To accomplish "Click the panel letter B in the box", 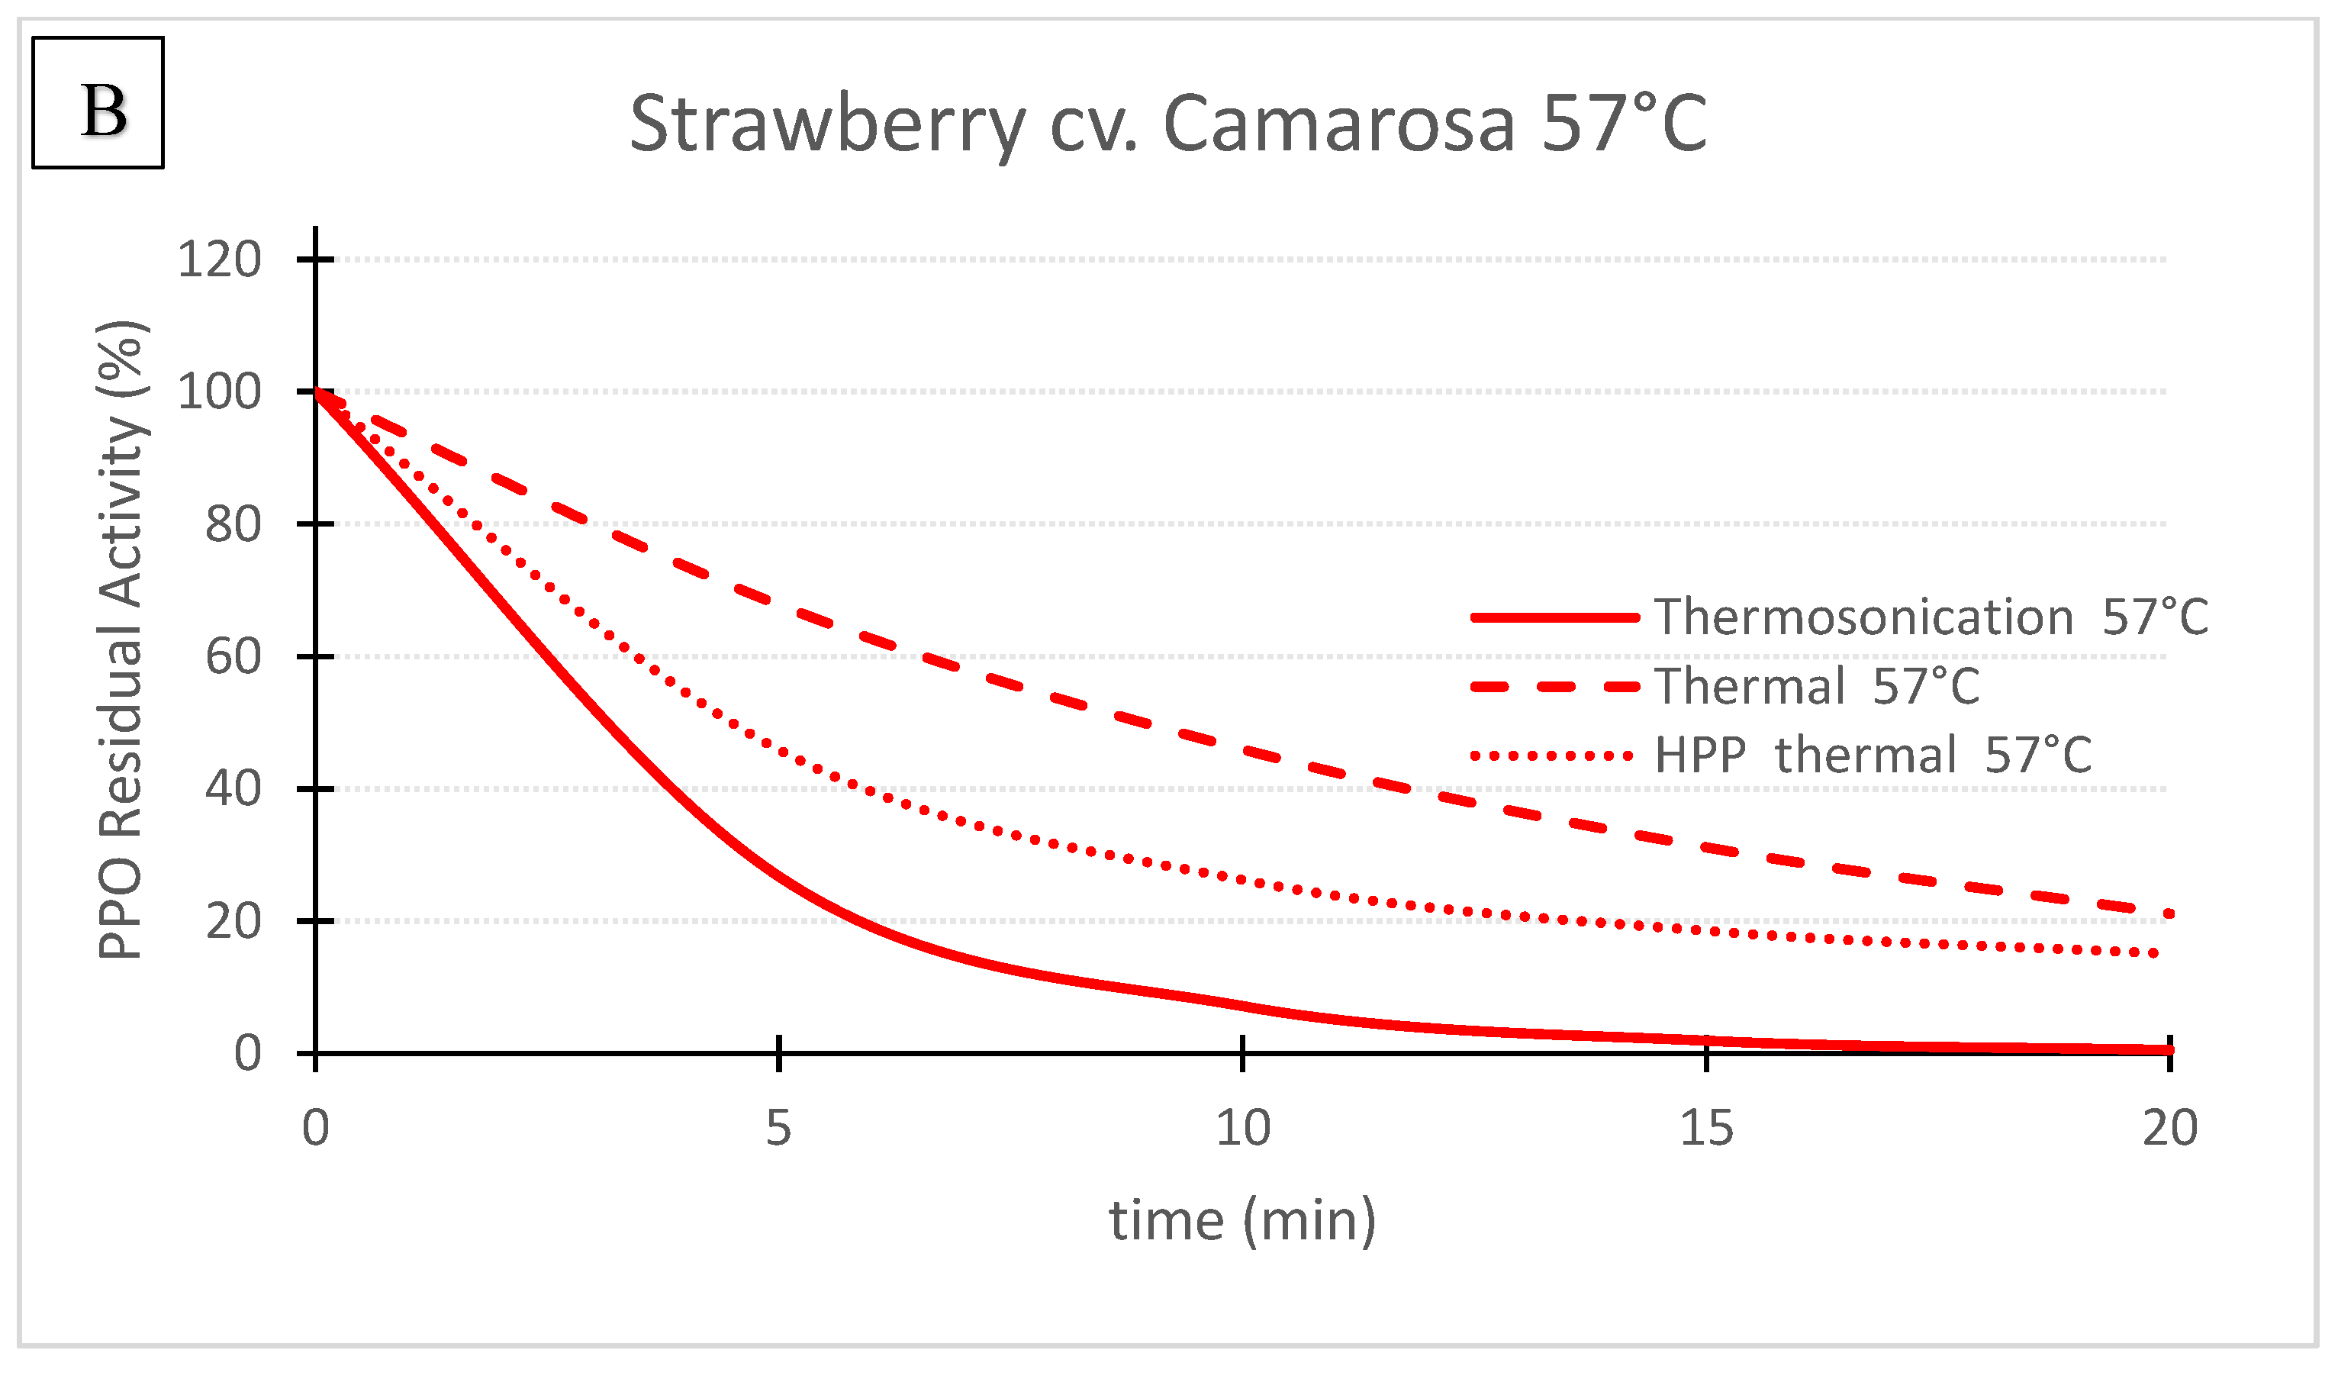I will [x=103, y=111].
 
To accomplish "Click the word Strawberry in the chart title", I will [x=826, y=125].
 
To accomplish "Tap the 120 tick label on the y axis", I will [x=219, y=259].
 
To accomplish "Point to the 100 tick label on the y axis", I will [x=219, y=392].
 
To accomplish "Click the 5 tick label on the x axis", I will [x=778, y=1129].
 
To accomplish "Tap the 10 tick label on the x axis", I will [x=1243, y=1129].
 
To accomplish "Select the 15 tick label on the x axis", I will [x=1706, y=1129].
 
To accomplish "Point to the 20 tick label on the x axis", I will [x=2170, y=1129].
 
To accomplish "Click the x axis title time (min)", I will [x=1242, y=1221].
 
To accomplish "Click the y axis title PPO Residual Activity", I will [x=121, y=640].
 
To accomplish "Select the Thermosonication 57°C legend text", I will [x=1931, y=618].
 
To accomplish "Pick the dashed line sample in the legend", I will [x=1555, y=687].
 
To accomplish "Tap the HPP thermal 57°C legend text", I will [x=1873, y=756].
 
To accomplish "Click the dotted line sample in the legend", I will [x=1551, y=756].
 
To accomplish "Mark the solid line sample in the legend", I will [x=1555, y=618].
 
